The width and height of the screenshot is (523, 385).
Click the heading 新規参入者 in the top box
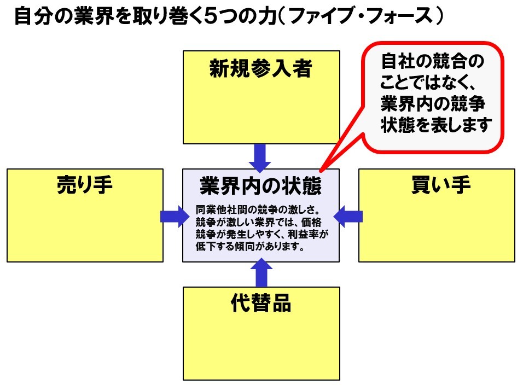[260, 70]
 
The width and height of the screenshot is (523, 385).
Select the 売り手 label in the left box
[85, 186]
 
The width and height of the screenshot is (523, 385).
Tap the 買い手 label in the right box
[440, 186]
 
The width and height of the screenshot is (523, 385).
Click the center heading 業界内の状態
[260, 186]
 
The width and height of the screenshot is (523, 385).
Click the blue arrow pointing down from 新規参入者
[260, 157]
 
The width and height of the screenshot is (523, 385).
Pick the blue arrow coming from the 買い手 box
[348, 216]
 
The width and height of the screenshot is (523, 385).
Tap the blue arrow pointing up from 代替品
[261, 273]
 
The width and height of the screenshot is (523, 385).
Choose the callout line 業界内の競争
[432, 104]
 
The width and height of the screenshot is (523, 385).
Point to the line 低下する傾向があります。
[249, 247]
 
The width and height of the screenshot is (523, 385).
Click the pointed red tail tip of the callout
[321, 168]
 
